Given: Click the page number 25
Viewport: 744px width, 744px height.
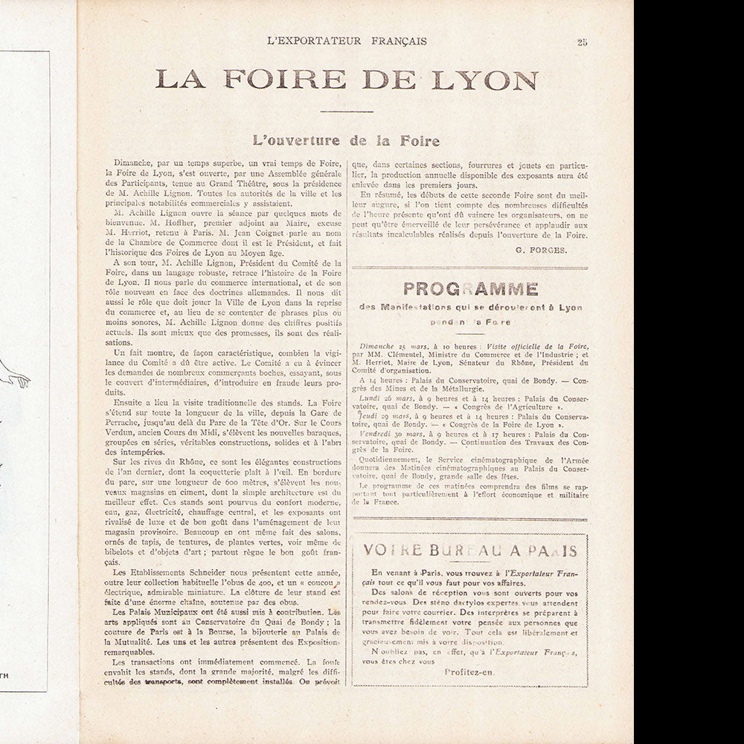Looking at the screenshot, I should pyautogui.click(x=582, y=42).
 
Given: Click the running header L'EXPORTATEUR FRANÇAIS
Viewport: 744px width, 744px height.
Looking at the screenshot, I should pyautogui.click(x=347, y=42).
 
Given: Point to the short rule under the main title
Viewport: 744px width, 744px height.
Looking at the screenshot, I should pyautogui.click(x=346, y=112).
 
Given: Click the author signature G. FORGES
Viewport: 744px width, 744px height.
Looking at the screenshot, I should pyautogui.click(x=541, y=250).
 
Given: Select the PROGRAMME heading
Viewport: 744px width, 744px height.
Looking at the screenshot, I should pyautogui.click(x=469, y=289).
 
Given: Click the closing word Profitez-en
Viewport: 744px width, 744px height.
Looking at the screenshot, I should pyautogui.click(x=469, y=671).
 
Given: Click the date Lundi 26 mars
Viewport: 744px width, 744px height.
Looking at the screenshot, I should pyautogui.click(x=397, y=399).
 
